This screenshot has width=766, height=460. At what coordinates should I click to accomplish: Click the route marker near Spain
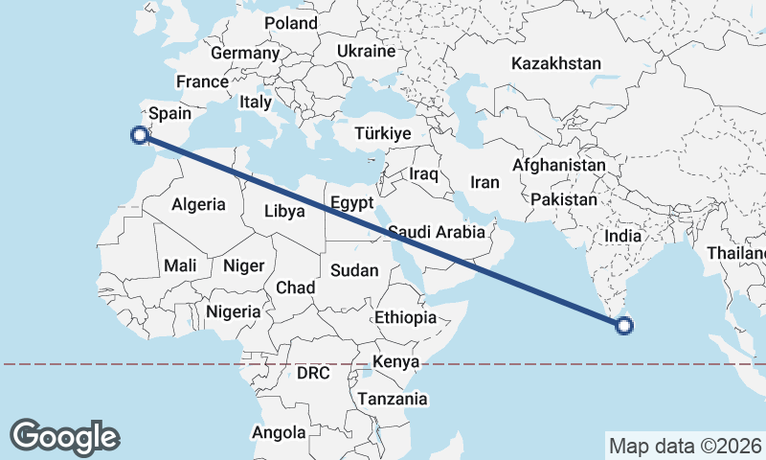pos(140,135)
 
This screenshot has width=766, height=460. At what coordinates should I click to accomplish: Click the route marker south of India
pos(624,326)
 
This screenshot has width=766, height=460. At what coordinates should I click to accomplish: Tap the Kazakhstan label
pos(556,64)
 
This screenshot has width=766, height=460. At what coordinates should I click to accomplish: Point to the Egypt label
pos(349,202)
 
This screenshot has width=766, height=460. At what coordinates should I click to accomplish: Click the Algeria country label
pos(198,204)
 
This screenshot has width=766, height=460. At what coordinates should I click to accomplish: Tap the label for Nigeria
pos(233,311)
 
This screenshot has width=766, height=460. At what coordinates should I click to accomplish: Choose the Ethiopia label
pos(406,317)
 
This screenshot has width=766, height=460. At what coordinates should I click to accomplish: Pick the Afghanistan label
pos(559,165)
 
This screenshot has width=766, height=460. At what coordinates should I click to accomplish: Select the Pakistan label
pos(563,200)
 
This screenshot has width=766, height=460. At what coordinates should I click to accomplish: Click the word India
pos(623,236)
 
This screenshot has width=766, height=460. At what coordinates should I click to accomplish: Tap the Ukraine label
pos(366,51)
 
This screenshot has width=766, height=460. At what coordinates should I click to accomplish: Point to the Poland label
pos(291,23)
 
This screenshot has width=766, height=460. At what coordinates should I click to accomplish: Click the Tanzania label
pos(392,399)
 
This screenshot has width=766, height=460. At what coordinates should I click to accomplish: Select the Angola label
pos(279,432)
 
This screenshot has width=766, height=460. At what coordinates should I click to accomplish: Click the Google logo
pos(64,436)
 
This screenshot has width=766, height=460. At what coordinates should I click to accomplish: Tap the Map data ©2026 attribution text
pos(684,446)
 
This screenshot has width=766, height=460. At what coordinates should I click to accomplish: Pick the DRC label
pos(312,372)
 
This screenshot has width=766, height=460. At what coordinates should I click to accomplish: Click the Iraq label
pos(423,174)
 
